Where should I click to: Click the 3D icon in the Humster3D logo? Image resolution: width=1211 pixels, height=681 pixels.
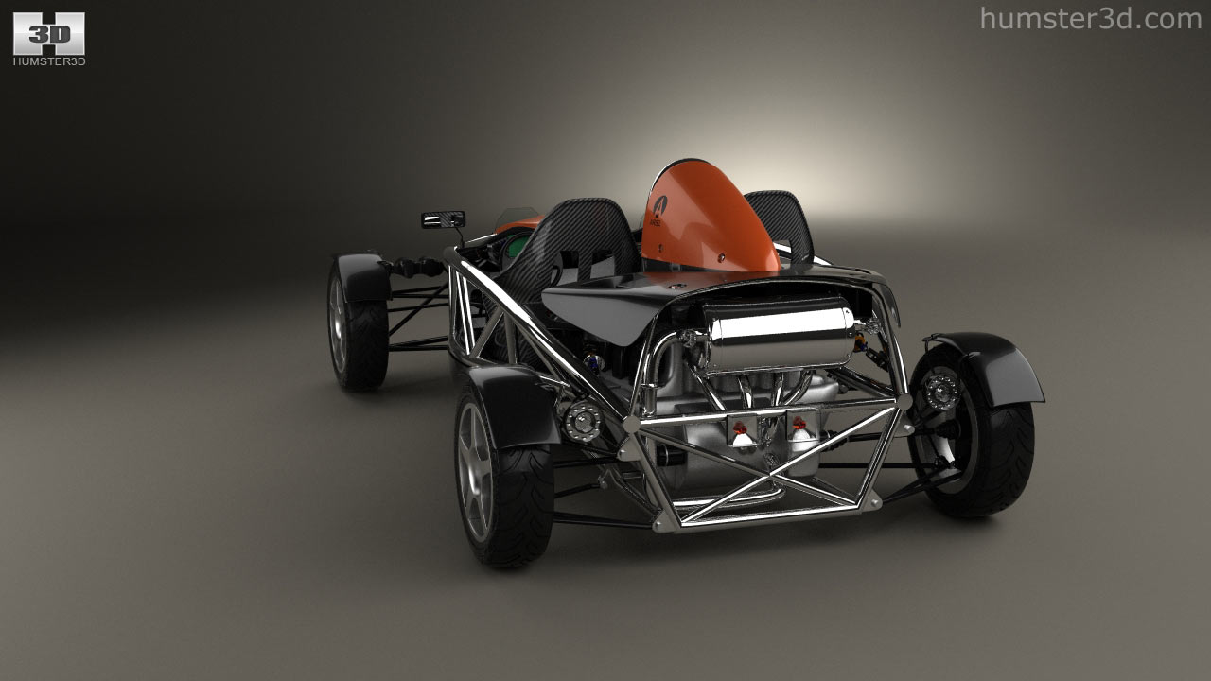[48, 33]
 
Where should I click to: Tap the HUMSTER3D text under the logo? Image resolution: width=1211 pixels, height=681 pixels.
[49, 61]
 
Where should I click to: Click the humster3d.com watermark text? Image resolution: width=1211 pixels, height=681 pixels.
[1091, 19]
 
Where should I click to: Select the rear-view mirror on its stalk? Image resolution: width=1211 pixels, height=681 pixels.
[444, 219]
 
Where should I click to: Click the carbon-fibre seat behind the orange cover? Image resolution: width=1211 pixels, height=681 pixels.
[786, 221]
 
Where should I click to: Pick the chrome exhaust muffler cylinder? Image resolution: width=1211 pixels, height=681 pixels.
[779, 334]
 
